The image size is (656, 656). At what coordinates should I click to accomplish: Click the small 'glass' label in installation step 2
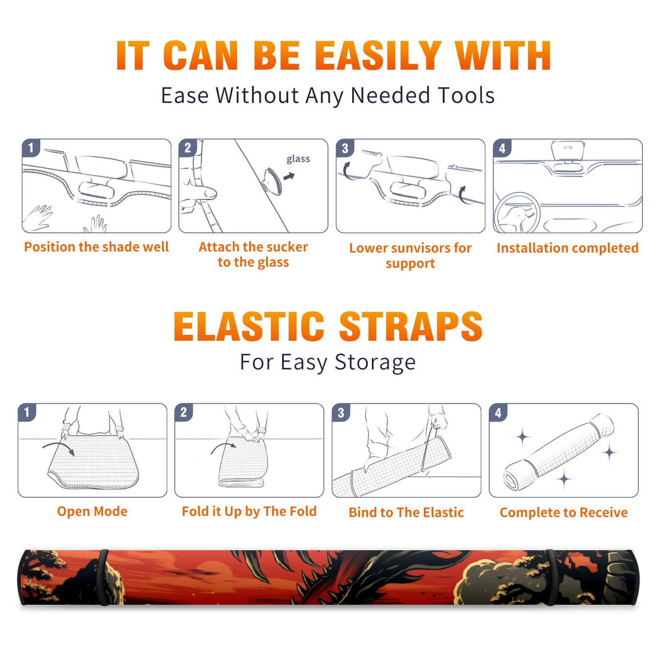pos(298,159)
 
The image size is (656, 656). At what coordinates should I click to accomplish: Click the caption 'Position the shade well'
pos(96,247)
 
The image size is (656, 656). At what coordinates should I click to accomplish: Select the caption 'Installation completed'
pos(567,248)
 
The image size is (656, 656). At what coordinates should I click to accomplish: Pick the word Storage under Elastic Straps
pos(375,362)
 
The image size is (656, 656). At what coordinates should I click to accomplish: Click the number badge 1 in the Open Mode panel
pos(27,412)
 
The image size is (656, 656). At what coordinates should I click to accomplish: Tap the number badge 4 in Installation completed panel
pos(502,148)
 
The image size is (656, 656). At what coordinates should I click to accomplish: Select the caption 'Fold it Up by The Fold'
pos(249,511)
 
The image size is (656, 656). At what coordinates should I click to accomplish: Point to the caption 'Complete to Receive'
pos(564,512)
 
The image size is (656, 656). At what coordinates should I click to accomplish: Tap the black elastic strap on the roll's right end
pos(551,577)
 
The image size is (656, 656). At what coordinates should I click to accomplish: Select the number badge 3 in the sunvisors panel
pos(345,148)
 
